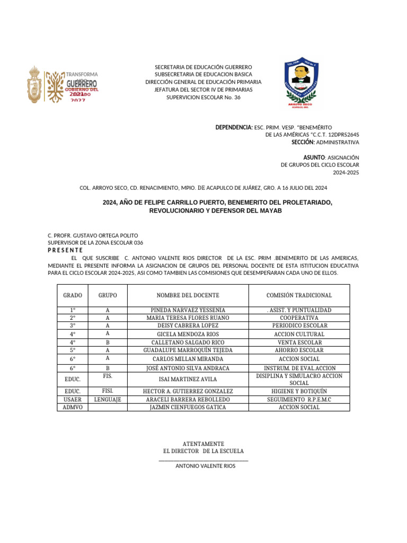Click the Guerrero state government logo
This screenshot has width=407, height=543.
pos(63,84)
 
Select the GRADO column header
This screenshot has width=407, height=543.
pos(73,295)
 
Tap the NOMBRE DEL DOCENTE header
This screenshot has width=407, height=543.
pos(188,295)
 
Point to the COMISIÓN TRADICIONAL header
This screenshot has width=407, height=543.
pos(299,295)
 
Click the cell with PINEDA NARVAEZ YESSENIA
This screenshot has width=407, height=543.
pos(188,310)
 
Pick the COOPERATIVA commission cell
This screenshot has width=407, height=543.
pos(299,318)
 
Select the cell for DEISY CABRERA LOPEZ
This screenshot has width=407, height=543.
pos(188,326)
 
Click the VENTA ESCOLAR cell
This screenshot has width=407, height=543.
pos(299,343)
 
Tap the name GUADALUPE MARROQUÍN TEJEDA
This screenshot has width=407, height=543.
pos(188,351)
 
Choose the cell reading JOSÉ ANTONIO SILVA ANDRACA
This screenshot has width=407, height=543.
pos(188,368)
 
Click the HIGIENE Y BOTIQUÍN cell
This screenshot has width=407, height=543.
pos(299,391)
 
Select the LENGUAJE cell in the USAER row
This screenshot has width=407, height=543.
pos(108,399)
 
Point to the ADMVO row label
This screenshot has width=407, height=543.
pos(73,407)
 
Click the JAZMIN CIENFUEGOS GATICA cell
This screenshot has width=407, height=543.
pos(188,407)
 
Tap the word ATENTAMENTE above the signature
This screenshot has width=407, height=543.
pos(203,443)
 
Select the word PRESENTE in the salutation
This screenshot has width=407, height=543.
pos(65,250)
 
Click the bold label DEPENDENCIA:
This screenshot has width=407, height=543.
pos(234,128)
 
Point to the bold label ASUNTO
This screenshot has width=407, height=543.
pos(313,157)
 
